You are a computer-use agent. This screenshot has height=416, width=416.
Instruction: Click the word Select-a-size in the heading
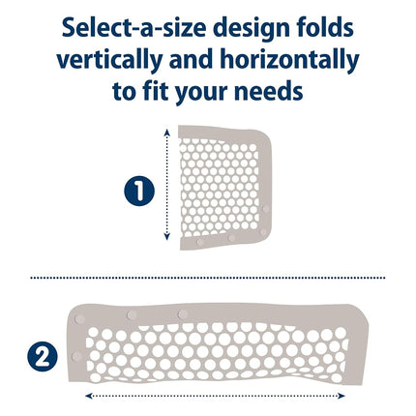pyautogui.click(x=134, y=28)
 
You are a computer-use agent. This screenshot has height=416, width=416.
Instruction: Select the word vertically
pyautogui.click(x=109, y=61)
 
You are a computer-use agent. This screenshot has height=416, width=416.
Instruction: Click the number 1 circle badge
pyautogui.click(x=139, y=191)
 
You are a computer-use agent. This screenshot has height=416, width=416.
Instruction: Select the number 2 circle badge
pyautogui.click(x=43, y=356)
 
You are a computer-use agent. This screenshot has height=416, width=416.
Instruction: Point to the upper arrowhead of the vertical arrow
pyautogui.click(x=166, y=132)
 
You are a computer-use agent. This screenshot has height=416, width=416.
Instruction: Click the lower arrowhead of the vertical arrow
pyautogui.click(x=166, y=237)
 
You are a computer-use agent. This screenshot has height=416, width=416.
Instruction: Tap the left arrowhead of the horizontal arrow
pyautogui.click(x=88, y=396)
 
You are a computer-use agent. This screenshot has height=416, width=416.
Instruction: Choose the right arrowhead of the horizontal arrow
pyautogui.click(x=342, y=396)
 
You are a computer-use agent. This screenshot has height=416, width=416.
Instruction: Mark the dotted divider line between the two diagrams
pyautogui.click(x=208, y=278)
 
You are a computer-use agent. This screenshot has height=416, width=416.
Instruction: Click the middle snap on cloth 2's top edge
pyautogui.click(x=132, y=314)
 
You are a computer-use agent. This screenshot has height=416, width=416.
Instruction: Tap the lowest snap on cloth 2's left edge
pyautogui.click(x=76, y=356)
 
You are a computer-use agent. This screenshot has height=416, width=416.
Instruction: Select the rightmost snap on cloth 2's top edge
pyautogui.click(x=183, y=313)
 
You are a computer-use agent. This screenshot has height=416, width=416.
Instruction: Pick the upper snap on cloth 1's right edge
pyautogui.click(x=266, y=209)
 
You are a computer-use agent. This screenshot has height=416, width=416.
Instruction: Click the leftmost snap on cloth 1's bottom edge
pyautogui.click(x=200, y=242)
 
